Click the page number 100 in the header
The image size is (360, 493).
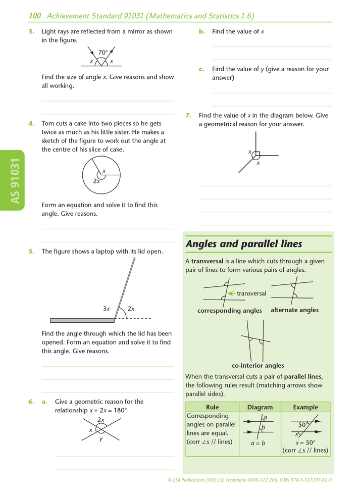[35, 16]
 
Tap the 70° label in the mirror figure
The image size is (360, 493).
[103, 53]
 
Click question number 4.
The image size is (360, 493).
[31, 123]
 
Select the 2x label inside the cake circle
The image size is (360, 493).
[96, 181]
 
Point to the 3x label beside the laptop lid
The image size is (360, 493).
[107, 309]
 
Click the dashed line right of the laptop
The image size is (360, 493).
[134, 318]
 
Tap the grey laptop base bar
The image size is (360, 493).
[82, 320]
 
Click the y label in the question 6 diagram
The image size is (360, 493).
[101, 439]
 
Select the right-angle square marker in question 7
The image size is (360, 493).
[256, 155]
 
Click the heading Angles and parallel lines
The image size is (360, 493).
[244, 244]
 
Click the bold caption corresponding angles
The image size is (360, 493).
[229, 311]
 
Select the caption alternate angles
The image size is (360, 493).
[294, 310]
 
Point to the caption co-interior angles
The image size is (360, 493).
[258, 365]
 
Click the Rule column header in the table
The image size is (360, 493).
[212, 407]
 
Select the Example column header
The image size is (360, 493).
[305, 407]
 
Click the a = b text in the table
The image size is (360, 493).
[258, 443]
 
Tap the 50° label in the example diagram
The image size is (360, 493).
[303, 425]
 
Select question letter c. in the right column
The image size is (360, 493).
[201, 69]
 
